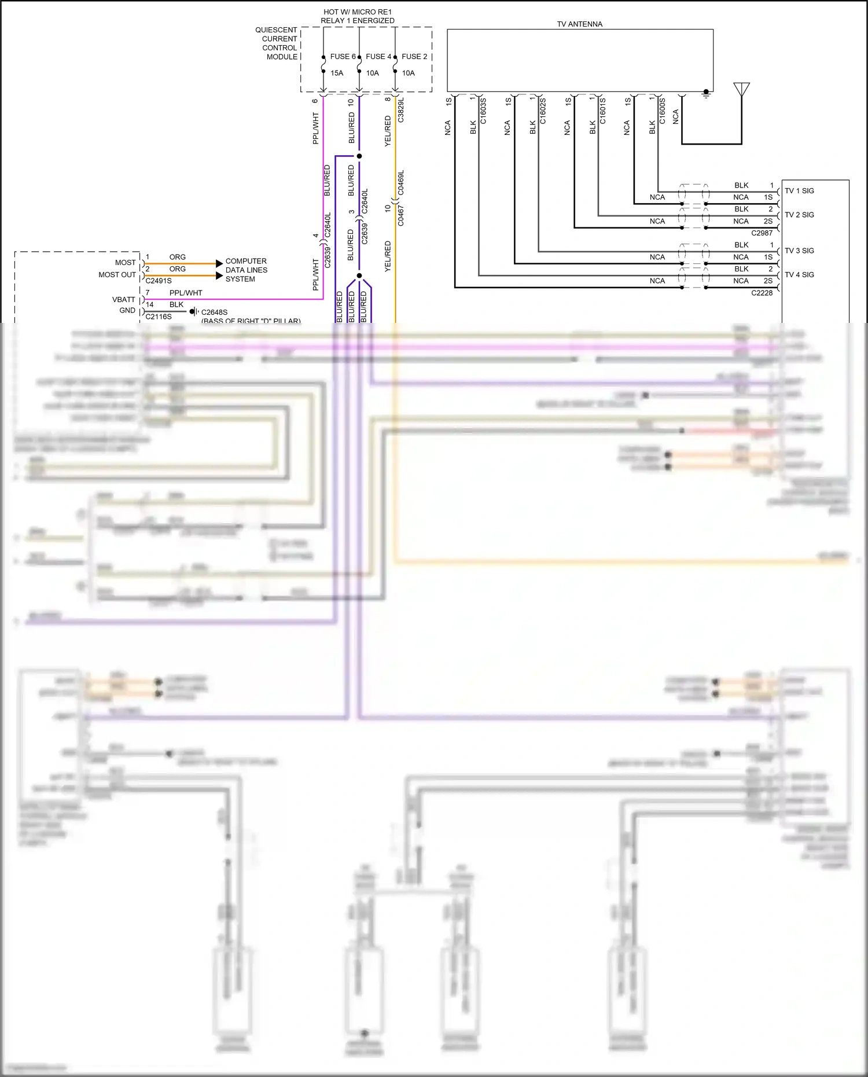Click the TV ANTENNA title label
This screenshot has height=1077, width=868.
579,24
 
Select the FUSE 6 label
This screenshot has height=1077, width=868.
343,57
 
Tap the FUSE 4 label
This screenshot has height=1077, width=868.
378,57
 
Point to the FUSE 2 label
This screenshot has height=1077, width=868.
414,57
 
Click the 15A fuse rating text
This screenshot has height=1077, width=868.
337,73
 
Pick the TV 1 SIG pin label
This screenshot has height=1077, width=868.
799,191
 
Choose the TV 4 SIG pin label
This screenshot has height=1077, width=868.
799,275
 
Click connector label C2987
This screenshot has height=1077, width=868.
762,233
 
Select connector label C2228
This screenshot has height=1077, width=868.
762,293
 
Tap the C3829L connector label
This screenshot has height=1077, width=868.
401,110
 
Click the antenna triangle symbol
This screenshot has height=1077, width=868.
741,89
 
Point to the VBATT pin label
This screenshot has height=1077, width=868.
123,300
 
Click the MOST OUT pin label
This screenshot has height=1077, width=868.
117,275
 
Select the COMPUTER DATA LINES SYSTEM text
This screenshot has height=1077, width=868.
246,270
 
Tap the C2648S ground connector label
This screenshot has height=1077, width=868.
214,313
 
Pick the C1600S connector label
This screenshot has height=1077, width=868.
663,111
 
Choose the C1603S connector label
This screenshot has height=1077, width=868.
483,111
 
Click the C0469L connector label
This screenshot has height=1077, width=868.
401,183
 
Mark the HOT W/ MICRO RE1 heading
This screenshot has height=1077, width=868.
358,12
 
